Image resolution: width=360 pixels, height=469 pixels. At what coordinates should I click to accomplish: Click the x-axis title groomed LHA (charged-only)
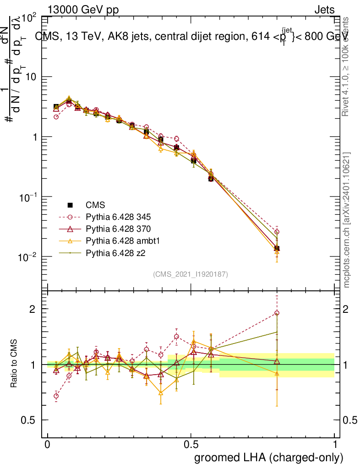click(269, 458)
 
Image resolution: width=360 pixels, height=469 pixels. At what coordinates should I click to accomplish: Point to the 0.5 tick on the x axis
click(191, 445)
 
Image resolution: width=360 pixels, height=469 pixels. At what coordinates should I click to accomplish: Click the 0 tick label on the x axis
click(48, 445)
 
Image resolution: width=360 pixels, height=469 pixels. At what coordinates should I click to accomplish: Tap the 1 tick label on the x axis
click(334, 445)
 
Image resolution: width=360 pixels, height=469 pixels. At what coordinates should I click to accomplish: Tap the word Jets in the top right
click(324, 10)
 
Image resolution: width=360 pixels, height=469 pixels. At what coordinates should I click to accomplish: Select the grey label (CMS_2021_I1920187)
click(191, 274)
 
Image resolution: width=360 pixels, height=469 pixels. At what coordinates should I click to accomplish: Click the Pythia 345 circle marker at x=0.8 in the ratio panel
click(277, 313)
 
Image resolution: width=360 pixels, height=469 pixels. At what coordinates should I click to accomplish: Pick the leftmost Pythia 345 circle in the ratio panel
click(56, 396)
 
